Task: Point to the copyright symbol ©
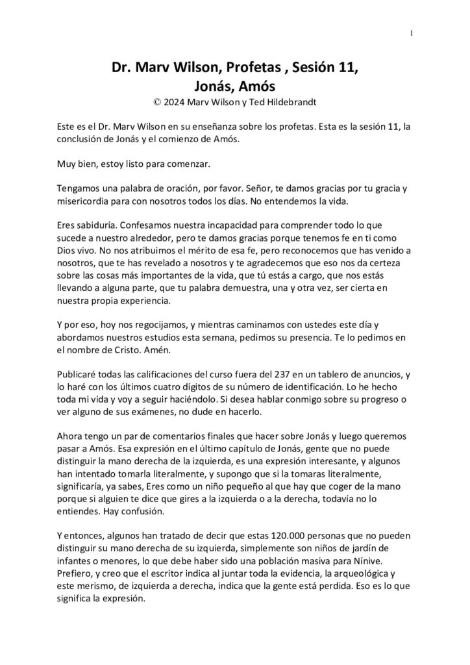(x=156, y=102)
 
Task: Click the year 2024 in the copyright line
(x=175, y=102)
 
